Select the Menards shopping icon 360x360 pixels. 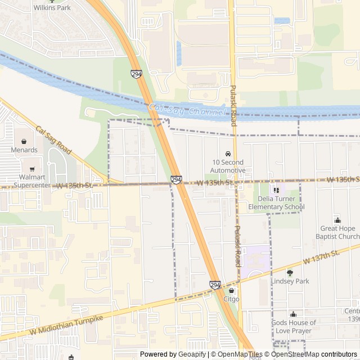(x=24, y=141)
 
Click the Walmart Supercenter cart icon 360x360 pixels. (x=32, y=169)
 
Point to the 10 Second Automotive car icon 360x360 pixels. (x=228, y=154)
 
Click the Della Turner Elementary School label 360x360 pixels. (x=281, y=203)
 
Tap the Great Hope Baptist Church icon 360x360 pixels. (x=337, y=219)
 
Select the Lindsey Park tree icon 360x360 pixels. (x=290, y=272)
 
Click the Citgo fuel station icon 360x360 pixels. (x=232, y=291)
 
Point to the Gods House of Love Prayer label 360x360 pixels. (x=294, y=327)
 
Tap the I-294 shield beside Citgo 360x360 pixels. (x=215, y=285)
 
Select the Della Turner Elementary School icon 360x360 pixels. (x=276, y=190)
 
